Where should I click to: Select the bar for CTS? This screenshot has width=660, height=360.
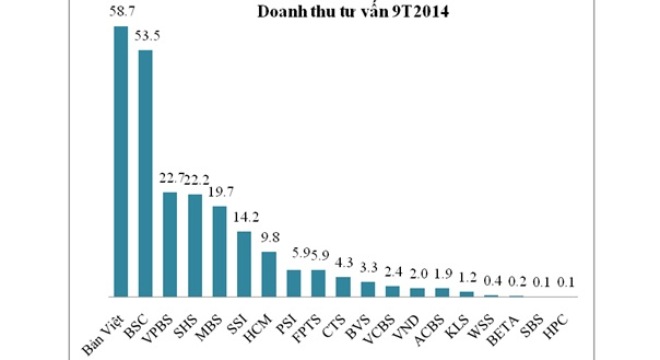(x=343, y=287)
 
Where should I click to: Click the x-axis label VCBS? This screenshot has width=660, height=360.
(x=381, y=318)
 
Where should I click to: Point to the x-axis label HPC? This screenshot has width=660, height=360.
(x=556, y=316)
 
